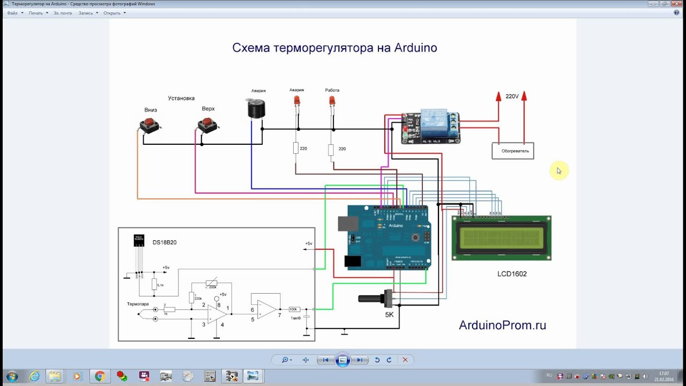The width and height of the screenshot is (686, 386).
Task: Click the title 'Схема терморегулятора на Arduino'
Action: click(334, 48)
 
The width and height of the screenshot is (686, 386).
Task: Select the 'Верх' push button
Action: click(207, 125)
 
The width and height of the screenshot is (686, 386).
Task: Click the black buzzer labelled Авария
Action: click(256, 109)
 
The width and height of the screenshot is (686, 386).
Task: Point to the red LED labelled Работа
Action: click(332, 100)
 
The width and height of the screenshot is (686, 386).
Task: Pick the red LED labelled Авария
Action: click(296, 100)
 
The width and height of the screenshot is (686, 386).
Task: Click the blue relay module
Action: click(431, 128)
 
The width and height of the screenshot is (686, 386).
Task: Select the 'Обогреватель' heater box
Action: click(512, 151)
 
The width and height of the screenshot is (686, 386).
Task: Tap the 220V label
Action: click(512, 96)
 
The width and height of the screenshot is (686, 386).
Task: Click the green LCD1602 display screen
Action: click(501, 238)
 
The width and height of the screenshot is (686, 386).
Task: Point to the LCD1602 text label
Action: click(512, 274)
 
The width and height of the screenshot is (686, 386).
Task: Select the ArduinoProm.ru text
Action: click(502, 325)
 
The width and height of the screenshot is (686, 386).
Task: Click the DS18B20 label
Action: click(164, 242)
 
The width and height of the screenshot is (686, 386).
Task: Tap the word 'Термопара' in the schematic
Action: click(138, 304)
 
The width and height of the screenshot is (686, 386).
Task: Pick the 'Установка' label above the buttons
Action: click(181, 98)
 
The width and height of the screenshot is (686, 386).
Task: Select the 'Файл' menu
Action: click(12, 13)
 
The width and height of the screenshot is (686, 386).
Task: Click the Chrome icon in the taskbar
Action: click(99, 376)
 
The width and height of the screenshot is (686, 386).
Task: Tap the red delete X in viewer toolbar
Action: click(405, 360)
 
